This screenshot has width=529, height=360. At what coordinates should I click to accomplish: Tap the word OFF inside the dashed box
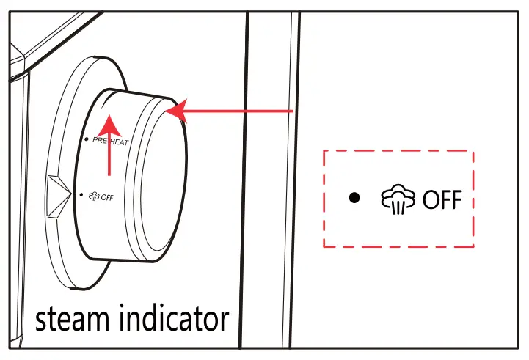[x=442, y=199]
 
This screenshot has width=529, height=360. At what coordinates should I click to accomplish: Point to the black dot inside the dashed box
[x=355, y=198]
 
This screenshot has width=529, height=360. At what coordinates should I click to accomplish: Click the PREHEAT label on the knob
[x=111, y=142]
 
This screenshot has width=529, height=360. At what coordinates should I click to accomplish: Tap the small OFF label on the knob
[x=108, y=196]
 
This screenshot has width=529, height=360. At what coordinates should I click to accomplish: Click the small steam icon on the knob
[x=94, y=196]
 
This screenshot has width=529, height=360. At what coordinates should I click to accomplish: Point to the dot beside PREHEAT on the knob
[x=87, y=139]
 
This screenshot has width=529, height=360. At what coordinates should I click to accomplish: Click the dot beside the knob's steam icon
[x=81, y=194]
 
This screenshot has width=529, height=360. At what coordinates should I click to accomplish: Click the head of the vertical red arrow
[x=109, y=121]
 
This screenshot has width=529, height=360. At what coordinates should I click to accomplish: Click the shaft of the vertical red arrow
[x=109, y=154]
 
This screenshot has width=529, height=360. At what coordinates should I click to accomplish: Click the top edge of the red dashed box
[x=399, y=152]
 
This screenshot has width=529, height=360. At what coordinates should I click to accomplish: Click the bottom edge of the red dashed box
[x=399, y=246]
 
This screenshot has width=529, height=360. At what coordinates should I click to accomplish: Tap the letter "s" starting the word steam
[x=43, y=320]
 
